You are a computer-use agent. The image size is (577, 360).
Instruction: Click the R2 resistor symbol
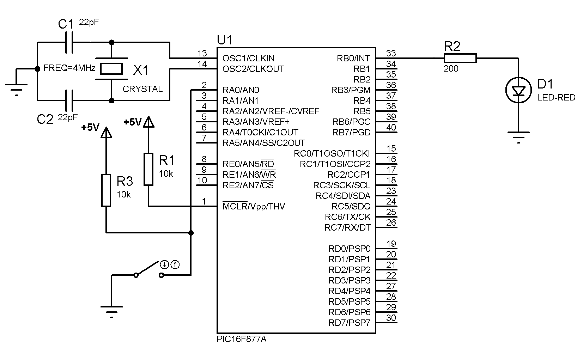(460, 58)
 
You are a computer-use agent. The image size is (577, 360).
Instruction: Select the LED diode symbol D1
(518, 91)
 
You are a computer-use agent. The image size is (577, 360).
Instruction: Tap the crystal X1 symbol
(111, 69)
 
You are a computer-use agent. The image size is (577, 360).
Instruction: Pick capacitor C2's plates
(69, 100)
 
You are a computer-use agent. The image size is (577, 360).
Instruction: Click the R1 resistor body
(148, 169)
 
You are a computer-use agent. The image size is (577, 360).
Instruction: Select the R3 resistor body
(106, 190)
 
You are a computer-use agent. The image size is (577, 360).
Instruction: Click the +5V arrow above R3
(106, 133)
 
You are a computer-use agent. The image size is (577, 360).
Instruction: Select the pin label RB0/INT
(353, 58)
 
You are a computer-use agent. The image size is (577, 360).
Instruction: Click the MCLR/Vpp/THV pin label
(254, 206)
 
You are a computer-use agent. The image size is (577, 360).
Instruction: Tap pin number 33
(391, 53)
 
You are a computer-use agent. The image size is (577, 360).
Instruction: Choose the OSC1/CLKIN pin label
(248, 58)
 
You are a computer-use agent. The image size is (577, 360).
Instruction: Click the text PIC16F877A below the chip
(242, 339)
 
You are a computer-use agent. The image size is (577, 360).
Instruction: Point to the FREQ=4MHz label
(69, 68)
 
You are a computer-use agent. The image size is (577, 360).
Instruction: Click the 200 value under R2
(451, 68)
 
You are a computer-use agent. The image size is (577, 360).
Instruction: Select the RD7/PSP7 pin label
(349, 323)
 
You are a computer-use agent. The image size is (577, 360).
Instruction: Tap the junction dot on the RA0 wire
(191, 233)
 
